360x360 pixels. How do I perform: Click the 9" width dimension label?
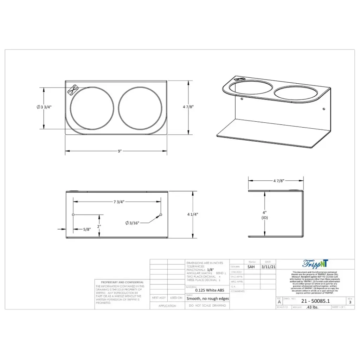point(120,151)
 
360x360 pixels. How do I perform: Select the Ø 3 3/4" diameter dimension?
point(44,107)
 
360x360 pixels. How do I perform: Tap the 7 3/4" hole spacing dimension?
point(119,202)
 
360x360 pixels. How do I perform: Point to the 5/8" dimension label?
point(87,229)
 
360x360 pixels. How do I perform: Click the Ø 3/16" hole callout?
point(133,223)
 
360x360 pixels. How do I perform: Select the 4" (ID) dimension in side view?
point(264,215)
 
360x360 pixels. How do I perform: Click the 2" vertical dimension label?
point(99,226)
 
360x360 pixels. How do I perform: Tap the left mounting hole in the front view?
point(73,214)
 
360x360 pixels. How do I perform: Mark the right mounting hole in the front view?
point(161,214)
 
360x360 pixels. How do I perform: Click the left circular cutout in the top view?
point(92,108)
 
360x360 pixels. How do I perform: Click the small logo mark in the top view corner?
point(73,89)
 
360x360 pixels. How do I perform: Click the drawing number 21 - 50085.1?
point(315,301)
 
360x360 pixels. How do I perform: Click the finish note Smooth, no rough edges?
point(207,298)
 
